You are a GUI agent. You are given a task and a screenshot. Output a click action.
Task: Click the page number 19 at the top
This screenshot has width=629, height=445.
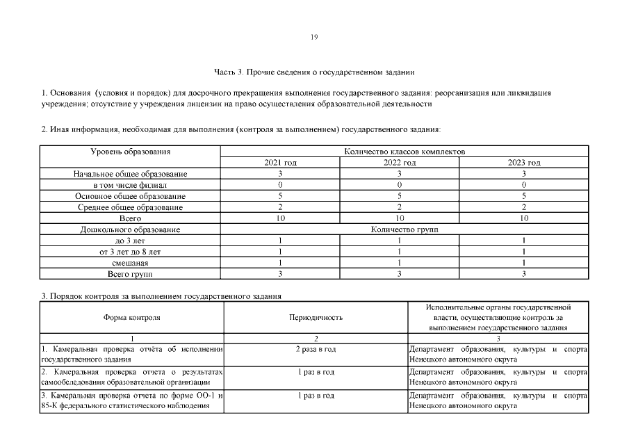pos(314,38)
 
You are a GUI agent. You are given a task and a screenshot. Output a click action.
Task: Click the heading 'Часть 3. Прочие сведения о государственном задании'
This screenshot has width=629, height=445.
pos(314,72)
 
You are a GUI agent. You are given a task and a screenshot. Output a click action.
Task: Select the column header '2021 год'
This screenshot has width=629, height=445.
pos(280,163)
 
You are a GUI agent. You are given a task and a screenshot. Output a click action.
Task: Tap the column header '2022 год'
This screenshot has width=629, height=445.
pos(400,163)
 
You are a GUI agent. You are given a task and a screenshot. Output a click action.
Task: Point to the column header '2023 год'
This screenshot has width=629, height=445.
pos(524,163)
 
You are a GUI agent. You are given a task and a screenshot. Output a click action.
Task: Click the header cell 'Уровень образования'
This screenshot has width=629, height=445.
pos(131,151)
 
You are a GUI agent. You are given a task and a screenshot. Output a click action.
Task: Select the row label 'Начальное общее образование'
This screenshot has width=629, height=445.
pos(131,174)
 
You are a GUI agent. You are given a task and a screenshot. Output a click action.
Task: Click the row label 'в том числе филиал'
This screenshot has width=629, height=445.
pos(131,185)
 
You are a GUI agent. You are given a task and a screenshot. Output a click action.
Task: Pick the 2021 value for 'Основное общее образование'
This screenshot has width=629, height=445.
pos(280,196)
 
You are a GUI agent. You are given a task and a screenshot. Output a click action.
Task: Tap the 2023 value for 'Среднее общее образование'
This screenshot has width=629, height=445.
pos(524,207)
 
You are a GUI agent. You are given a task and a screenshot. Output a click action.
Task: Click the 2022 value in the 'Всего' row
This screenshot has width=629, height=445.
pos(400,218)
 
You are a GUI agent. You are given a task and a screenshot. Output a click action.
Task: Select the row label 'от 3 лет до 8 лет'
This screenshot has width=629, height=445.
pos(131,252)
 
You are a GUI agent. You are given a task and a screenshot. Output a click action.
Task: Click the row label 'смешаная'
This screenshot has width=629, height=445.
pos(131,263)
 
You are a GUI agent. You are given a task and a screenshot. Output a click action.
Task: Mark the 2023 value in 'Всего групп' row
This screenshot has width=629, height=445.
pos(524,274)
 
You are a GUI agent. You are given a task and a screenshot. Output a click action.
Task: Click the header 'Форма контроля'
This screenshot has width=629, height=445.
pos(131,317)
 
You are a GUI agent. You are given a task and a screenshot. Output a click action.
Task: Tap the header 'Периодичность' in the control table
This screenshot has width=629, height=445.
pos(316,317)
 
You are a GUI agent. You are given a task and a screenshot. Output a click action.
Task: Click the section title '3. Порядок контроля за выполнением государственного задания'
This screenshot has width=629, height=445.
pos(161,296)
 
